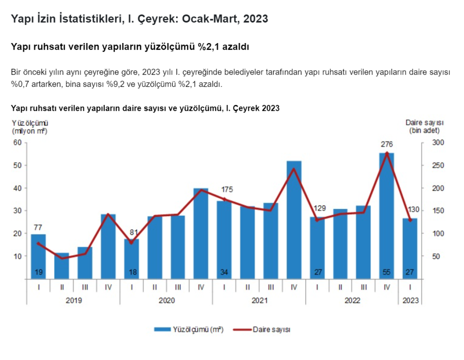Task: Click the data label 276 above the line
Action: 387,144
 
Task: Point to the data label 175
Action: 227,189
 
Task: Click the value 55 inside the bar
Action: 387,273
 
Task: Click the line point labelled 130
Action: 410,220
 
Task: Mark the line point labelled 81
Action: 131,242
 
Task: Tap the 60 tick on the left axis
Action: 18,143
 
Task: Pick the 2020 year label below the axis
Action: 166,300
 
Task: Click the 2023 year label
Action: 410,300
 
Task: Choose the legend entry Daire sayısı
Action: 271,330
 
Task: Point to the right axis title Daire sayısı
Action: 424,123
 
